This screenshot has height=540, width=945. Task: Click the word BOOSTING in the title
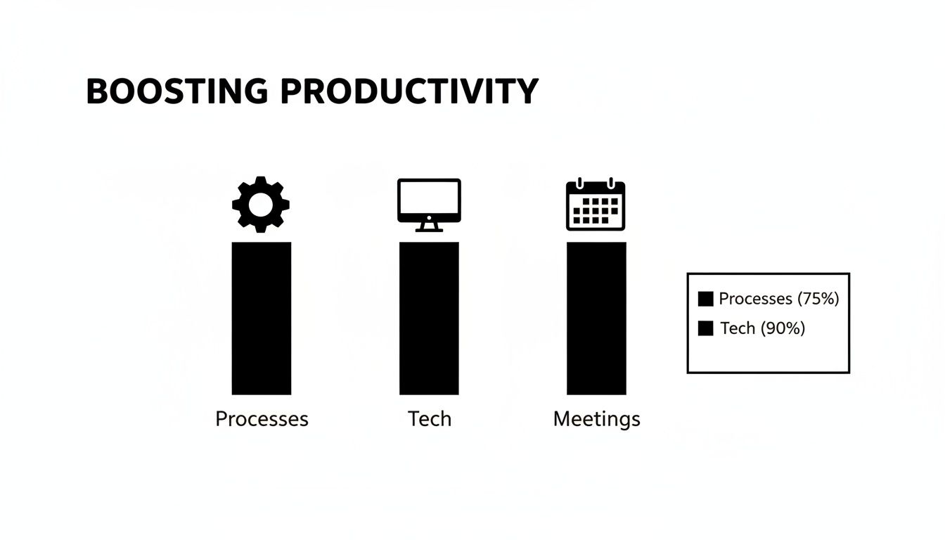click(176, 92)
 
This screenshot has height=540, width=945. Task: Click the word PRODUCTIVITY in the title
click(409, 92)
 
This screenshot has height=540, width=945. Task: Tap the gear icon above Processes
click(261, 204)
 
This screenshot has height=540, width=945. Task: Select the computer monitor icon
click(429, 205)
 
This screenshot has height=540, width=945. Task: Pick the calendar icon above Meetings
click(596, 205)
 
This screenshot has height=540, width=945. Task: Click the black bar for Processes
click(261, 318)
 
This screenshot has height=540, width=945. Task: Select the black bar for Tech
click(429, 318)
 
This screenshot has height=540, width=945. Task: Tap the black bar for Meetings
click(596, 318)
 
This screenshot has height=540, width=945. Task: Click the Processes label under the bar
click(262, 419)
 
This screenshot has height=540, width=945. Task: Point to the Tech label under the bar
click(430, 419)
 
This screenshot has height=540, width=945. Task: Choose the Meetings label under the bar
click(596, 420)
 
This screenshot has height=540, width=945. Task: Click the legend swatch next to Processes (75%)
click(705, 299)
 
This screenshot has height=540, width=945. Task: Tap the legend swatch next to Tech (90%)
click(705, 328)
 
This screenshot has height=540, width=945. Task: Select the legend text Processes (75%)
click(778, 299)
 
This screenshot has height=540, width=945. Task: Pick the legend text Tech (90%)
click(762, 328)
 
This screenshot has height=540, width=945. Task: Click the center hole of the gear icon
click(261, 205)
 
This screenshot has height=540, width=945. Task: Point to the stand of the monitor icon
click(429, 226)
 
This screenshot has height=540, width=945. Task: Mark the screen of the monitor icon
click(429, 199)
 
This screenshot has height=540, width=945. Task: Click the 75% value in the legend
click(818, 299)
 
